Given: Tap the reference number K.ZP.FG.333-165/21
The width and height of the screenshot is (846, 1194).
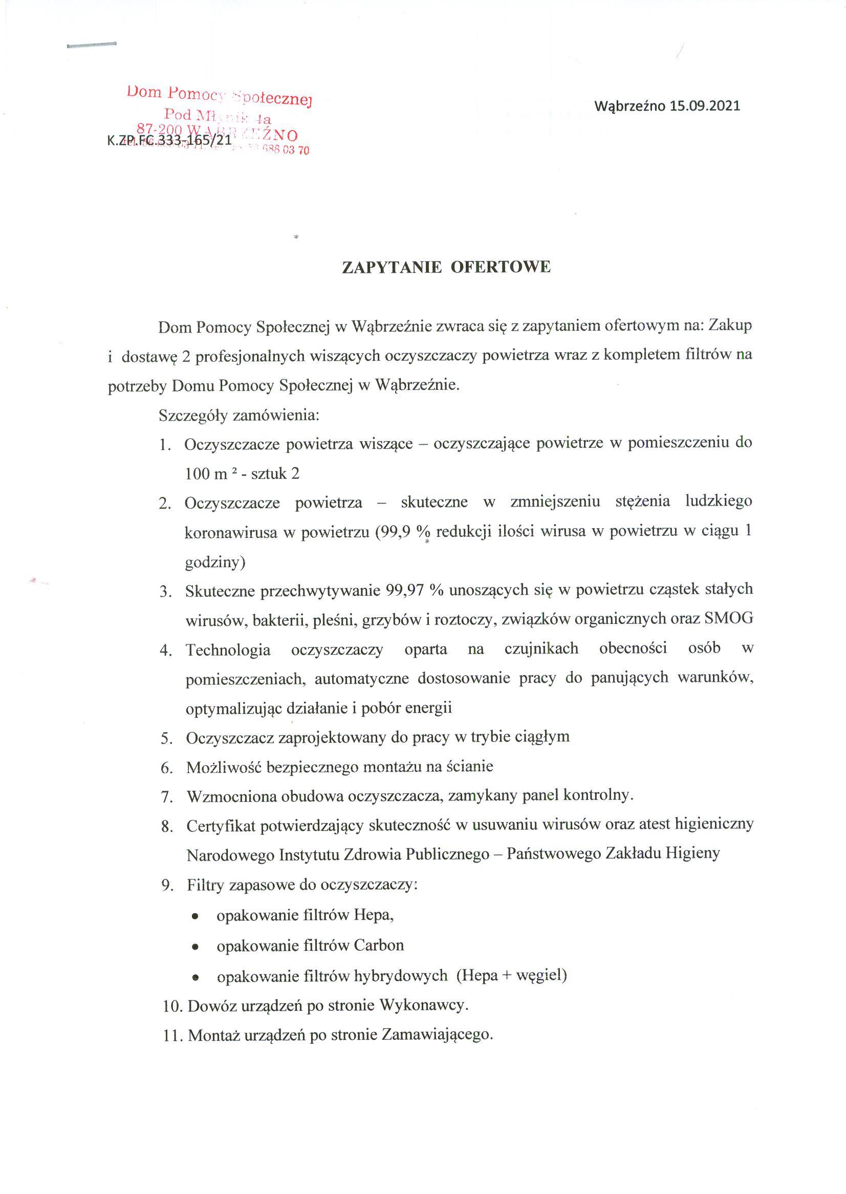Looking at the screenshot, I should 169,140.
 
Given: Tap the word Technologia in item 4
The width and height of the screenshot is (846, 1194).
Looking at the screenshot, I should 228,649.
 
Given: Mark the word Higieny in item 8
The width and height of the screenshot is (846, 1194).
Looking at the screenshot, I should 693,854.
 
